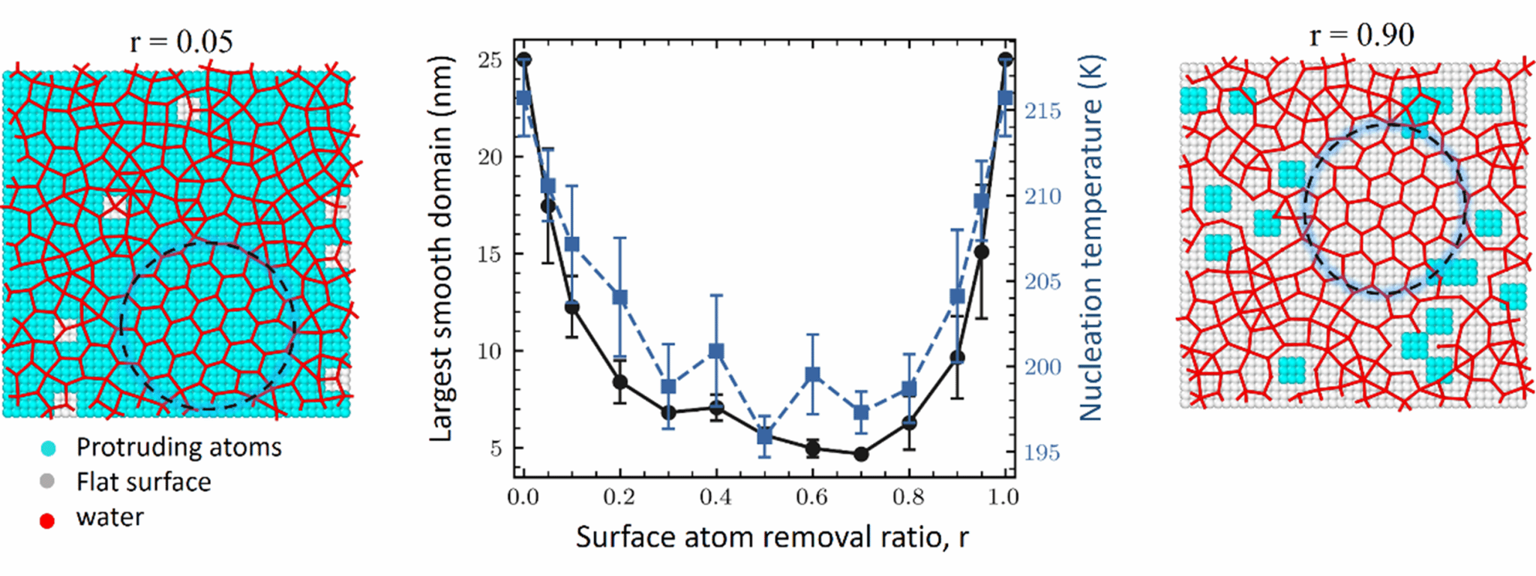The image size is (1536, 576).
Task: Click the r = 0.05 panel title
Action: [x=181, y=41]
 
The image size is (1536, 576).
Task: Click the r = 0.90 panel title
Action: [x=1361, y=34]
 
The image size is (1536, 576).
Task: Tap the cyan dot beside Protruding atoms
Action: [x=48, y=448]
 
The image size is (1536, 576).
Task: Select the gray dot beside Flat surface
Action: [x=47, y=482]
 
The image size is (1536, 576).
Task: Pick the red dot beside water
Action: [x=47, y=520]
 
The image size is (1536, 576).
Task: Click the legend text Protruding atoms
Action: [x=178, y=447]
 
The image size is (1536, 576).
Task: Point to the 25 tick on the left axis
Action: [x=490, y=60]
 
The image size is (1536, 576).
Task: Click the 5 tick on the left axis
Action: [x=496, y=448]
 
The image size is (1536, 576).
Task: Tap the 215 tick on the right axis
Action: [x=1043, y=111]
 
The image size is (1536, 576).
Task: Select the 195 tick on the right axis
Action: [x=1043, y=453]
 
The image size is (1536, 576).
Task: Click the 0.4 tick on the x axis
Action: [x=715, y=497]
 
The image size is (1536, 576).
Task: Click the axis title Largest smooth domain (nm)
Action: [x=442, y=247]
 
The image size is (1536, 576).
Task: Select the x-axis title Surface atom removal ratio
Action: [x=772, y=537]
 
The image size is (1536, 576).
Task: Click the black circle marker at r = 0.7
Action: [x=861, y=454]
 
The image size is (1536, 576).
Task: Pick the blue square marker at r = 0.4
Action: [x=716, y=351]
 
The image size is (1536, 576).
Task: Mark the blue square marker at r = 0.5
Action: [x=764, y=436]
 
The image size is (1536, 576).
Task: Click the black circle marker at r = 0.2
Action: [x=620, y=382]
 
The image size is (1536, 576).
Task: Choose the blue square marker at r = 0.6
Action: [x=812, y=376]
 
